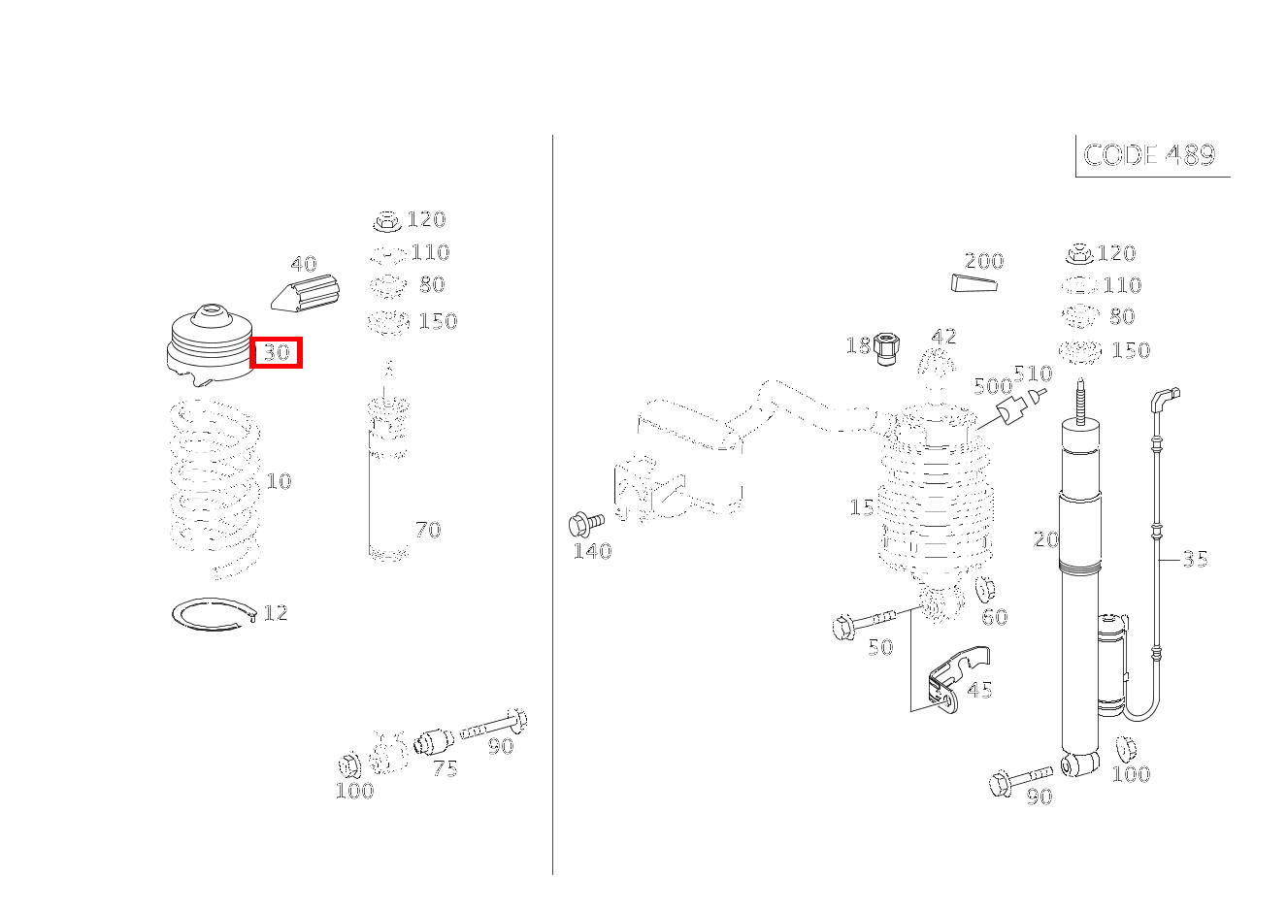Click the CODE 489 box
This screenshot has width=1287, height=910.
(x=1150, y=155)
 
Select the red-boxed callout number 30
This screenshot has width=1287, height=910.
(x=277, y=352)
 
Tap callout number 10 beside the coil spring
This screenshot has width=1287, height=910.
(x=279, y=481)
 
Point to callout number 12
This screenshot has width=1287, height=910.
(x=276, y=613)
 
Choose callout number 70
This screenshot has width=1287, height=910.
(x=428, y=530)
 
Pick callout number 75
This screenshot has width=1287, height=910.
(x=445, y=769)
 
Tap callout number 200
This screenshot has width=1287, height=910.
(x=983, y=261)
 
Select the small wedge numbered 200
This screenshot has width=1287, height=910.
(x=973, y=282)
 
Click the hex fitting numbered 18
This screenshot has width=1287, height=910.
(x=883, y=347)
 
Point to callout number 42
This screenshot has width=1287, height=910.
(x=943, y=337)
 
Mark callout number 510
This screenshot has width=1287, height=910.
(x=1032, y=374)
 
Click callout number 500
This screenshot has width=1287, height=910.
(x=992, y=386)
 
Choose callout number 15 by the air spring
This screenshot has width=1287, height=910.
(x=861, y=507)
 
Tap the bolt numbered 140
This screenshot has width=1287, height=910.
(x=584, y=524)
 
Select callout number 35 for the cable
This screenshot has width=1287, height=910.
(x=1195, y=559)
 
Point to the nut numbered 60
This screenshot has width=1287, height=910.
(x=983, y=590)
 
